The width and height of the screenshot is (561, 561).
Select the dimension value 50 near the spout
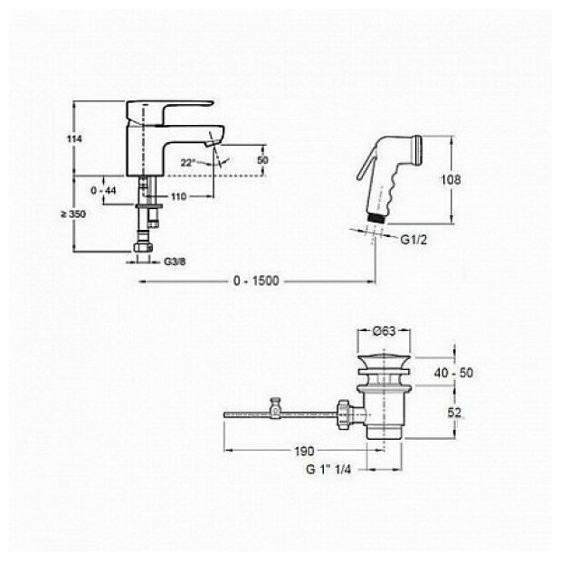pyautogui.click(x=263, y=159)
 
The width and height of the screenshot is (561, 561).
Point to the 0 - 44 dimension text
pyautogui.click(x=106, y=191)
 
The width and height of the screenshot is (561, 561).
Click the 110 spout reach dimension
pyautogui.click(x=176, y=196)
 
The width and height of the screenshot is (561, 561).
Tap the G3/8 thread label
pyautogui.click(x=175, y=262)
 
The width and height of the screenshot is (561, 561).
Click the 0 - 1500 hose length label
pyautogui.click(x=257, y=280)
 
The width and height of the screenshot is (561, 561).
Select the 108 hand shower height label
pyautogui.click(x=460, y=179)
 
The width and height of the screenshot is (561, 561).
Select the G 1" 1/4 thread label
pyautogui.click(x=330, y=468)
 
